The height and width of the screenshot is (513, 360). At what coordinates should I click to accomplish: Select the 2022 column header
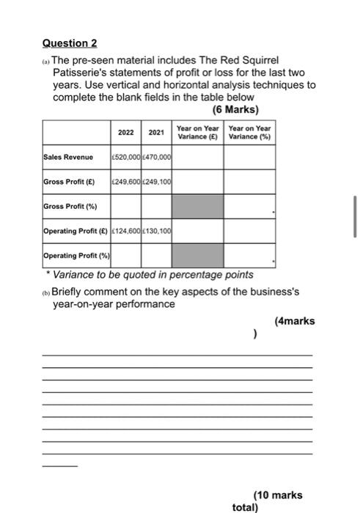[x=126, y=133]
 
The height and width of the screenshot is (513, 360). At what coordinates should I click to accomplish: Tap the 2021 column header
[x=156, y=133]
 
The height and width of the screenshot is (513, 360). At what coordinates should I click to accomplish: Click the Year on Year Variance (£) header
[x=198, y=133]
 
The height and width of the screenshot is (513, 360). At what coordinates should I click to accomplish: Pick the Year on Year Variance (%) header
[x=249, y=133]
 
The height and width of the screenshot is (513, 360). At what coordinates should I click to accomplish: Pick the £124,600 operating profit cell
[x=126, y=232]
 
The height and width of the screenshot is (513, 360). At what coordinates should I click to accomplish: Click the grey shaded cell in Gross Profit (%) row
[x=197, y=207]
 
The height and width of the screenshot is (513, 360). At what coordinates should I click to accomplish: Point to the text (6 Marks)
[x=235, y=110]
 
